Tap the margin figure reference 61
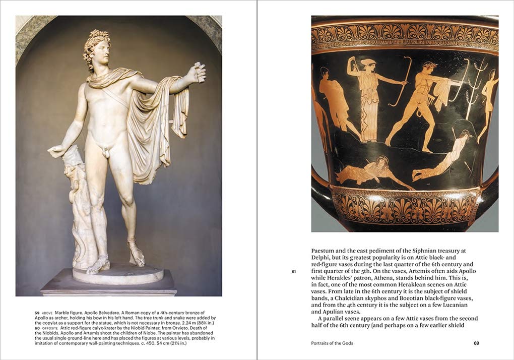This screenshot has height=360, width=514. point(294,272)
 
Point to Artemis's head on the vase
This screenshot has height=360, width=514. point(368,64)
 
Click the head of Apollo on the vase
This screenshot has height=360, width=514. point(429,68)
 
